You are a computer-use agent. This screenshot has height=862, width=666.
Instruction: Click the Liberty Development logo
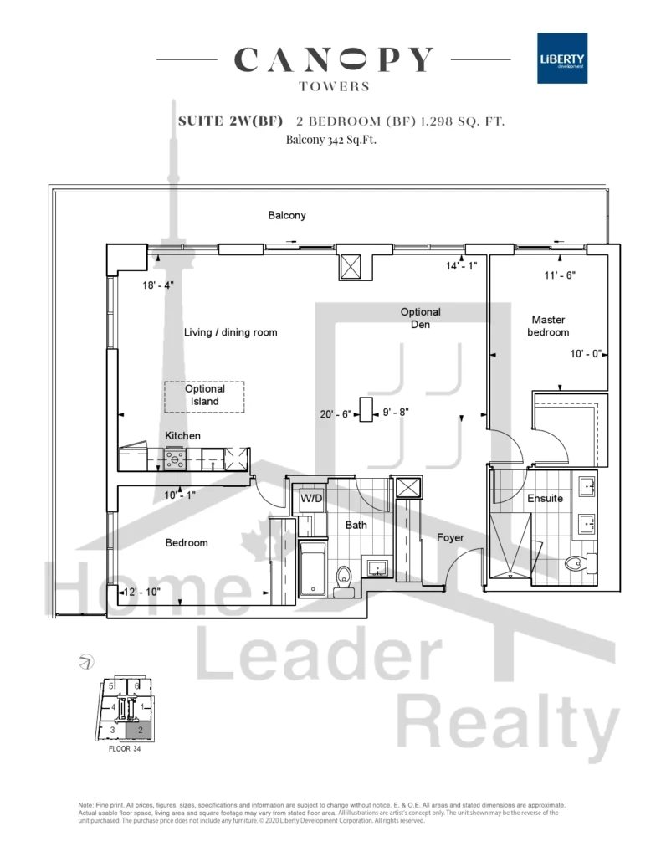tap(562, 59)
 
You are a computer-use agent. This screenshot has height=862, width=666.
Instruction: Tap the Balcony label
tap(287, 215)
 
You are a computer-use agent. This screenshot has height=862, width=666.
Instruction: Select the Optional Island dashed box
tap(204, 397)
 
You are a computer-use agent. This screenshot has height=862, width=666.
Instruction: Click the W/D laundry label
tap(311, 499)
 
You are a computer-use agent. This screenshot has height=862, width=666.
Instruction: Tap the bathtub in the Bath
tap(313, 568)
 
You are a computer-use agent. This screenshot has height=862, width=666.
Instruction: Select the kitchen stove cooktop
tap(175, 459)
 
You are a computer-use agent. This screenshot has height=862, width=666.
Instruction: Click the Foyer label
tap(450, 537)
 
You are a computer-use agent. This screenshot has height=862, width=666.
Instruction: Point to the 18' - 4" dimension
tap(158, 285)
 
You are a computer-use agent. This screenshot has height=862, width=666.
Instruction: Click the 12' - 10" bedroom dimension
tap(141, 592)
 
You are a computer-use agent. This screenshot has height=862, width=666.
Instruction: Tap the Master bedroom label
tap(548, 326)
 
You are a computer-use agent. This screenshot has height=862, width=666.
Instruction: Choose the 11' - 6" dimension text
tap(560, 275)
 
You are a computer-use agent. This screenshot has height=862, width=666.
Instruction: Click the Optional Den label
tap(420, 318)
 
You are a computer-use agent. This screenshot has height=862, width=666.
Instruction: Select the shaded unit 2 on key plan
tap(140, 730)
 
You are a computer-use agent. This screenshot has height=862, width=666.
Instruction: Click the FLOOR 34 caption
tap(125, 748)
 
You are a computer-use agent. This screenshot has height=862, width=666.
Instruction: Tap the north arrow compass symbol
tap(86, 661)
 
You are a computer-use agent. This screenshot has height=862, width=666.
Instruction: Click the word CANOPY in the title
tap(334, 59)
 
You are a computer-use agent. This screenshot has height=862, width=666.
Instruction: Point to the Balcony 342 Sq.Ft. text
tap(330, 140)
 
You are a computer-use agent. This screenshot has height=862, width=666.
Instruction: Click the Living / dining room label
tap(230, 332)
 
